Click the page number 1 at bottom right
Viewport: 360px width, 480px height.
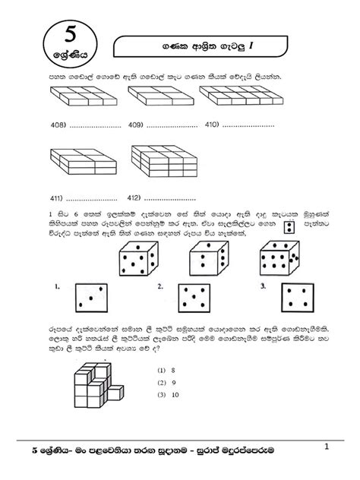[327, 447]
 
